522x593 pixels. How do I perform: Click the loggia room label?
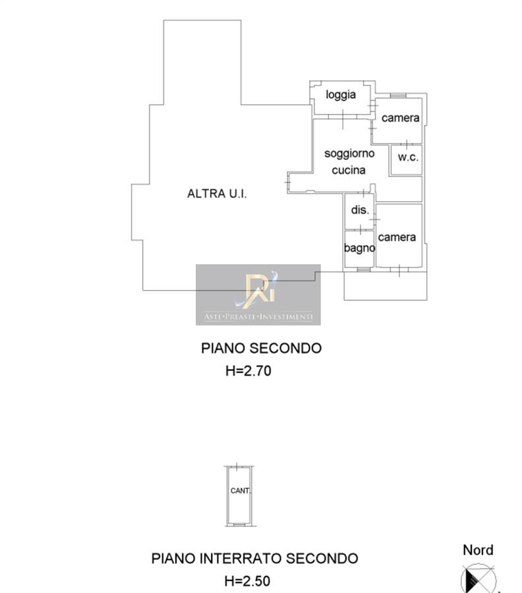(341, 95)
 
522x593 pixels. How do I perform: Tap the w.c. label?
(408, 157)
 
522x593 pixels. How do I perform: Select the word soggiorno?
(349, 154)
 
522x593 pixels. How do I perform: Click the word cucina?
(349, 170)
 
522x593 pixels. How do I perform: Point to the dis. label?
(360, 210)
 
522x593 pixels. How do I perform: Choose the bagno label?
(359, 248)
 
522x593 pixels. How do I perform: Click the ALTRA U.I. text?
(217, 194)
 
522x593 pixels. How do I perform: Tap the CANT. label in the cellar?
(240, 490)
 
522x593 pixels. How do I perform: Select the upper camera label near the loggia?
(400, 118)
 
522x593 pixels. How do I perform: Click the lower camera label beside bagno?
(397, 237)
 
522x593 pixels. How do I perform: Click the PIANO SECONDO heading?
(261, 348)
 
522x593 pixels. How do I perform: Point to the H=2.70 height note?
(248, 370)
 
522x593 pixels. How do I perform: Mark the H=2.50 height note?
(247, 581)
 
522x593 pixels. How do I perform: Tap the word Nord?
(478, 550)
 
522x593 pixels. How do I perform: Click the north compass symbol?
(478, 579)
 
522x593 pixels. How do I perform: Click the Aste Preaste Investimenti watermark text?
(258, 316)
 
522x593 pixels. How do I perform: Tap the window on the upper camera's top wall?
(398, 96)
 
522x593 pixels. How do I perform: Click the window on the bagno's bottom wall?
(364, 269)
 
